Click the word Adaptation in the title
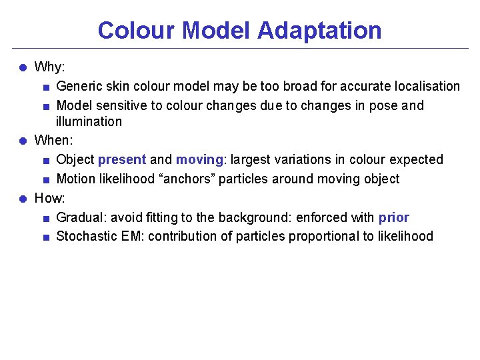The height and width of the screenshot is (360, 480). click(319, 31)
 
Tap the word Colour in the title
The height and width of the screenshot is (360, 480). click(136, 31)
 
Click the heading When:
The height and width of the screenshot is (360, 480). click(53, 141)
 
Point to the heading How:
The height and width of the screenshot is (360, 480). click(49, 198)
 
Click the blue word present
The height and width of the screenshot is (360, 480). click(122, 160)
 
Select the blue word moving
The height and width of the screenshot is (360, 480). click(199, 160)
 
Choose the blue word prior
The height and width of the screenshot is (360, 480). click(393, 218)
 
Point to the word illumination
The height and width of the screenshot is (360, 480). click(89, 122)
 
